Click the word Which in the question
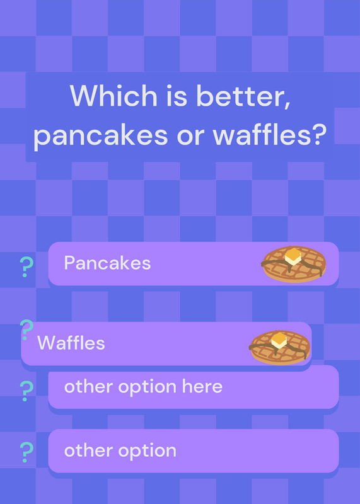click(113, 96)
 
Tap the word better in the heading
click(243, 96)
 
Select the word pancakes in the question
click(101, 135)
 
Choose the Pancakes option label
click(107, 263)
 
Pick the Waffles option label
click(71, 343)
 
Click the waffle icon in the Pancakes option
click(293, 264)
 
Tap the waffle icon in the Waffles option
click(279, 348)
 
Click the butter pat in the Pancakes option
click(293, 256)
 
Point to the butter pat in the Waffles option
click(279, 340)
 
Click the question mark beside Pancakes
click(26, 267)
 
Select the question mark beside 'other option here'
click(26, 391)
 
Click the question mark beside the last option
click(26, 452)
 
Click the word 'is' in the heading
click(177, 96)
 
